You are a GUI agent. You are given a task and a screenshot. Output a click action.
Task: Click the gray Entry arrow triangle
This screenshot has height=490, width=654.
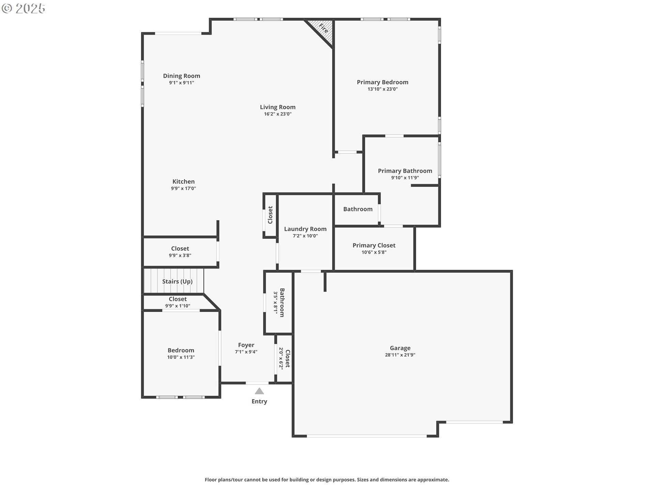259,391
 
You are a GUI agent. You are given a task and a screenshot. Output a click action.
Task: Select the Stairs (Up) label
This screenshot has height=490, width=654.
177,281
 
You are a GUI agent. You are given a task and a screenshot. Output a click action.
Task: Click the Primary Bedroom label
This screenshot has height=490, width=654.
383,82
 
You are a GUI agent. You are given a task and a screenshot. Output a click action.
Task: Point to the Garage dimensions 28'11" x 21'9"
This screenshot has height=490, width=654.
400,355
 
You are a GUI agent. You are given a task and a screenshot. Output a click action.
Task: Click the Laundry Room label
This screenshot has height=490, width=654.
305,229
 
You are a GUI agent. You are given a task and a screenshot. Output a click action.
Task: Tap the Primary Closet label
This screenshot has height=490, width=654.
374,245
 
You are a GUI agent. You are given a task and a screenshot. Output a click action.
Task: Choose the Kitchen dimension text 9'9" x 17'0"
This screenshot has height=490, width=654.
184,189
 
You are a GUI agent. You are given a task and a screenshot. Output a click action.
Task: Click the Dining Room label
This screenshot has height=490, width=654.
182,76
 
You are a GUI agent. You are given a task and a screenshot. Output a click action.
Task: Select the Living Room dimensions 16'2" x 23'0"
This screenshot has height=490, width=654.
278,114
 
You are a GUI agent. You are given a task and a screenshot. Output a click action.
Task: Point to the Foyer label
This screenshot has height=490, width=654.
246,345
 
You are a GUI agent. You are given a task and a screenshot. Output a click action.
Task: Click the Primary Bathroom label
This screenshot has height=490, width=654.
405,171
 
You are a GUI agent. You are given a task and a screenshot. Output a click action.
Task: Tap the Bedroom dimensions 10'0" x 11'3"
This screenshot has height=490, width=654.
181,357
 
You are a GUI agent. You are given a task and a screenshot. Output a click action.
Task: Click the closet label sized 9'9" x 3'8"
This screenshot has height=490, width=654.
180,249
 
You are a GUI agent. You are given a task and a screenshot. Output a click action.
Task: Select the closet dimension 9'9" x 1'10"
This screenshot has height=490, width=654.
178,306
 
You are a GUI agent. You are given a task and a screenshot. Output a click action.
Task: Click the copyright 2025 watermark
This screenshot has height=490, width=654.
24,9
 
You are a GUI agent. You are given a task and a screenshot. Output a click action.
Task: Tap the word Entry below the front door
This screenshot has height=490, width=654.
259,402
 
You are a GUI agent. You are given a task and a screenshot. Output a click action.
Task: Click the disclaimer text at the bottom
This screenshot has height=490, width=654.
327,480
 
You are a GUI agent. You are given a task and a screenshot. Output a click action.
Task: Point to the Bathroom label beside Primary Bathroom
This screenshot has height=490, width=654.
358,209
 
